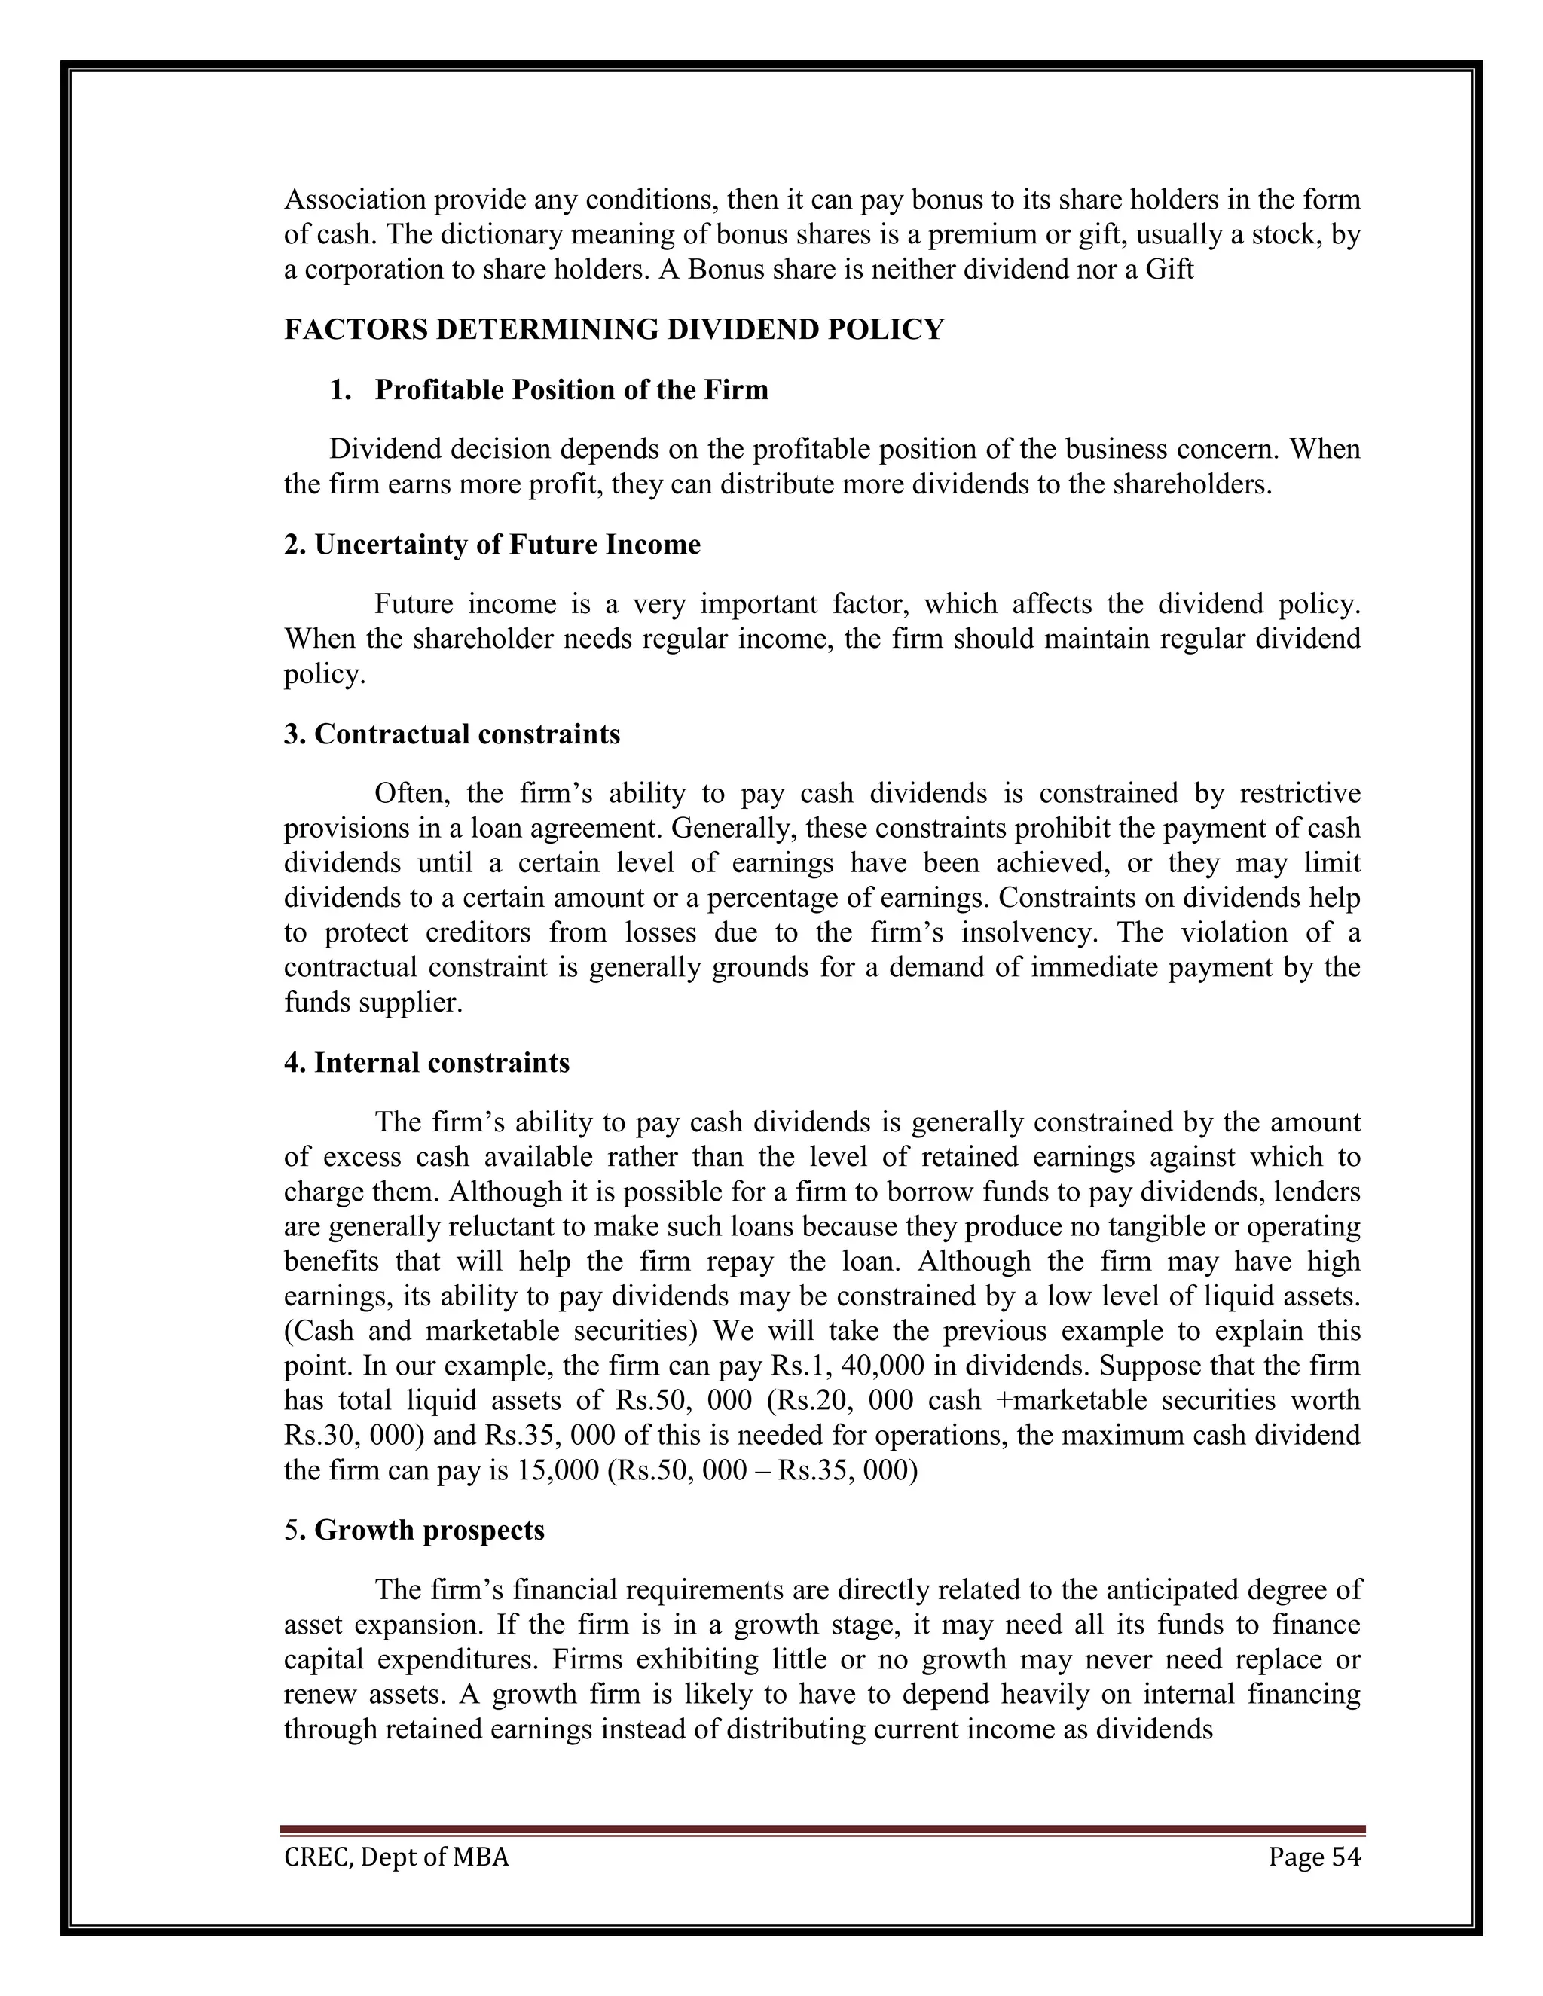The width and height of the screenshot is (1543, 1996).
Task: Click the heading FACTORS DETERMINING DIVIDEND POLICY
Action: (613, 330)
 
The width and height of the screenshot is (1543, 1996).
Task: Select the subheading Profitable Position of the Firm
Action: (571, 390)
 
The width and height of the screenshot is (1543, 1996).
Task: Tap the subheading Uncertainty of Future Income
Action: (492, 545)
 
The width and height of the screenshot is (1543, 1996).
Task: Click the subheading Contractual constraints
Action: (451, 734)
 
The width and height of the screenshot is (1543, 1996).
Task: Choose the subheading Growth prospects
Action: (414, 1530)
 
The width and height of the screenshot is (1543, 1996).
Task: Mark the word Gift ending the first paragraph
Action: (1170, 270)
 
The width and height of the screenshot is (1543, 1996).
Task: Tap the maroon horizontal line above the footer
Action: (822, 1830)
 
